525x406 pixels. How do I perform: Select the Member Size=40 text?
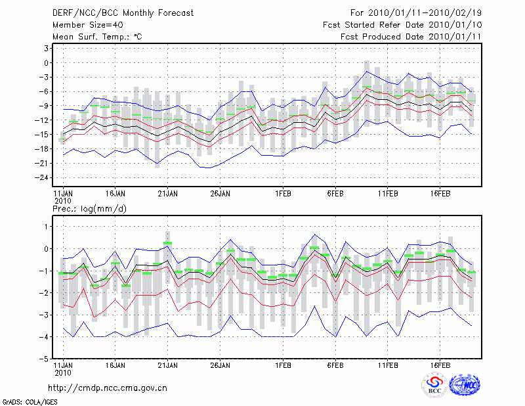tap(84, 25)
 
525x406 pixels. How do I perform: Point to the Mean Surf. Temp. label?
tap(97, 37)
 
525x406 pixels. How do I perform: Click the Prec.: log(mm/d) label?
tap(90, 209)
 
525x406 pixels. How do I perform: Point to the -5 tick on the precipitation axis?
tap(44, 359)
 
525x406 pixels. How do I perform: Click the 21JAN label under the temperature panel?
tap(167, 194)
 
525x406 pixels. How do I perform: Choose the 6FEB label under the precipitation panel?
tap(335, 365)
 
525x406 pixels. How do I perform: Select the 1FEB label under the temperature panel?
tap(283, 194)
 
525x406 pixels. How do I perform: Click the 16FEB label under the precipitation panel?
tap(440, 365)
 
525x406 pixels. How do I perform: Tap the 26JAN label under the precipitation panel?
tap(220, 365)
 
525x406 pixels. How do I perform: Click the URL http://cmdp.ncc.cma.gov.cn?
tap(108, 388)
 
